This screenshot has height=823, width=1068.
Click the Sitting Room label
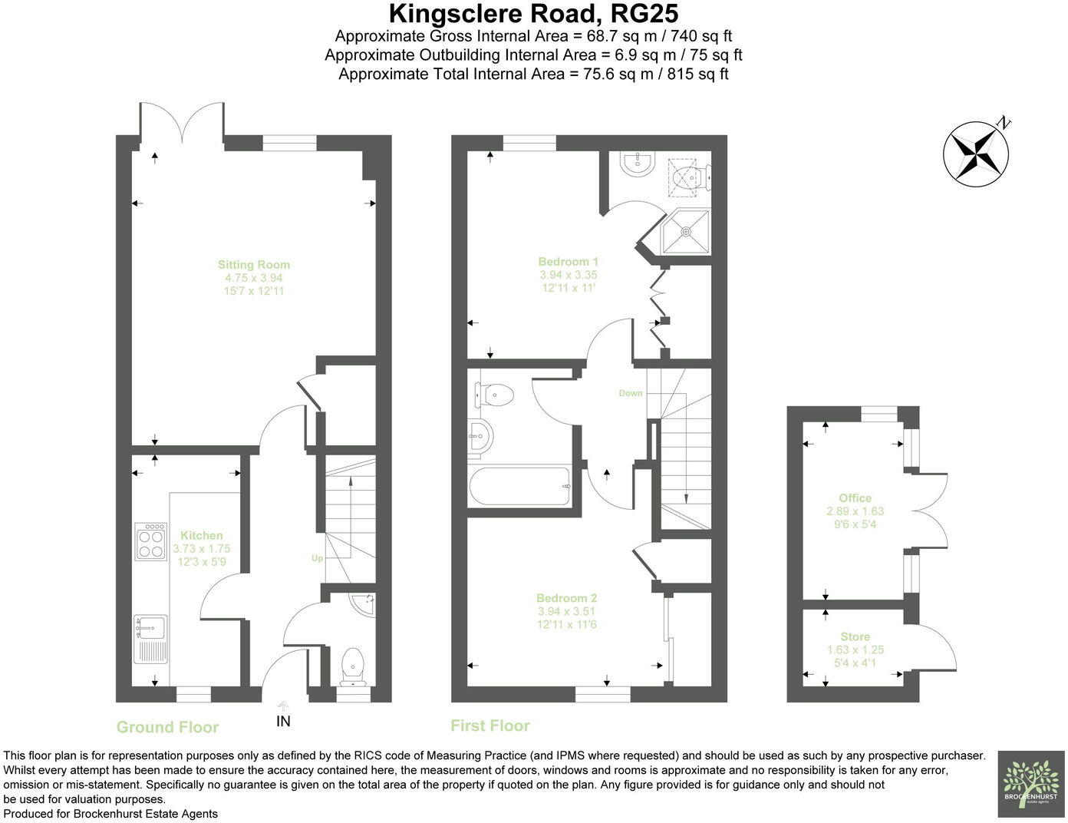[x=253, y=265]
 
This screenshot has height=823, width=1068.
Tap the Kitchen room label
[x=202, y=535]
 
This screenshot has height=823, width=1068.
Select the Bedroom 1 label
[x=568, y=261]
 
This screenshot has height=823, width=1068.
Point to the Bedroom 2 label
[x=566, y=598]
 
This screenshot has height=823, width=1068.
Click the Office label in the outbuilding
[x=855, y=497]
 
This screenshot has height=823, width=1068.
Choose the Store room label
[x=855, y=636]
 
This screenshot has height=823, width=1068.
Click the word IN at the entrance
[x=283, y=721]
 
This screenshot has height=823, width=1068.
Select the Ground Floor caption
[x=167, y=727]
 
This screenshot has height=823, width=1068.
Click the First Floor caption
[x=489, y=725]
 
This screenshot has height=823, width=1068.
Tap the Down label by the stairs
[x=631, y=393]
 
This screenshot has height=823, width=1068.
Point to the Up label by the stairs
[x=317, y=558]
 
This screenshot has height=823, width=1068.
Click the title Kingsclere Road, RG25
[x=533, y=13]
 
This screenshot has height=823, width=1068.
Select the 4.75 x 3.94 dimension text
[x=253, y=278]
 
